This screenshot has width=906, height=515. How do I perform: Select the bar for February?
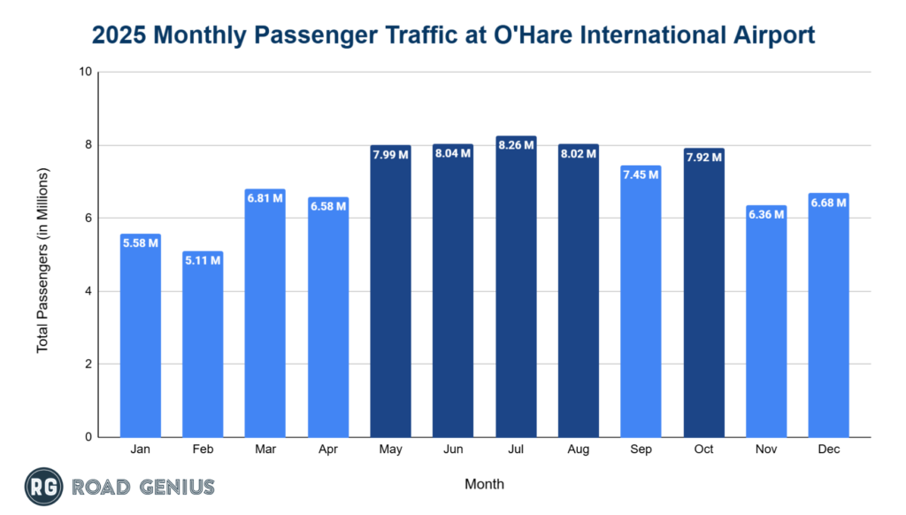click(203, 345)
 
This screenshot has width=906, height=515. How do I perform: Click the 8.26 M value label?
click(516, 145)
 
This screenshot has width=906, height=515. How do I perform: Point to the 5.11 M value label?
click(203, 260)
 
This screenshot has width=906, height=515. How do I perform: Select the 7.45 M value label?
click(641, 174)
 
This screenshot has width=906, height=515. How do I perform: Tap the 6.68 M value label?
click(828, 203)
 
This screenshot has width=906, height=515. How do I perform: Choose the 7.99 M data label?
click(390, 155)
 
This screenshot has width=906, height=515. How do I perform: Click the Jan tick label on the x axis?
click(140, 450)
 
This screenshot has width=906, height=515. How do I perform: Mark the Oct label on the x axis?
click(703, 450)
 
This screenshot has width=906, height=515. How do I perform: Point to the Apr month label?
click(327, 450)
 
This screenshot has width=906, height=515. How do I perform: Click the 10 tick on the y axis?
click(87, 72)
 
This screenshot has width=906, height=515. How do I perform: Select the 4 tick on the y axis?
click(89, 291)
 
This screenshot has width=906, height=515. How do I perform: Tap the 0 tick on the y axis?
click(89, 437)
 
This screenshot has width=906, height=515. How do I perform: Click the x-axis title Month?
click(484, 484)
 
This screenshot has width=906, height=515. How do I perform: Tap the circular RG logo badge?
click(42, 486)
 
